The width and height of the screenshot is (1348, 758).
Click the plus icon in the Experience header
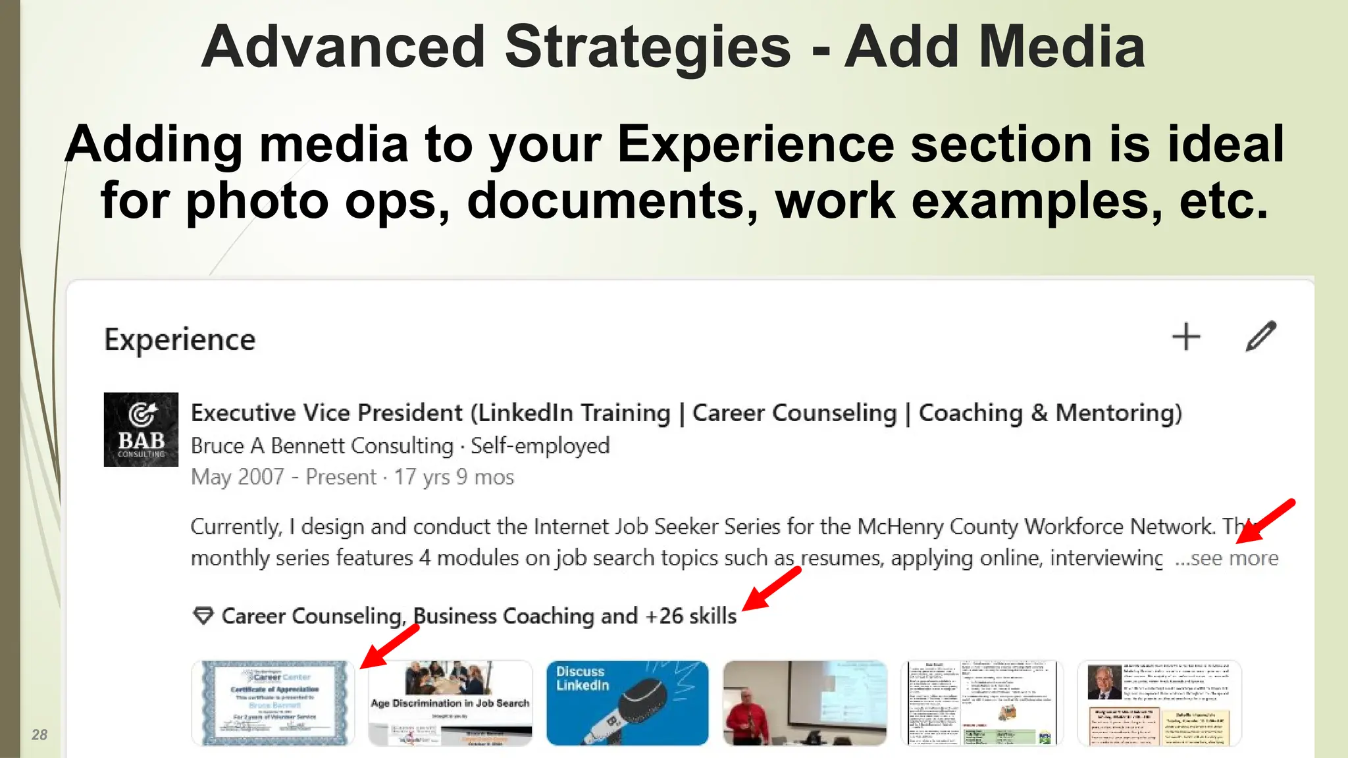click(1186, 337)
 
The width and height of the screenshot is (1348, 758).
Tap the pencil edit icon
click(1261, 336)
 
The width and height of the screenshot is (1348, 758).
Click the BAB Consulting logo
click(141, 430)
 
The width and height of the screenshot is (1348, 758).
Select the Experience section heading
click(180, 340)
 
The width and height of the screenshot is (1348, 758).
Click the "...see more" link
click(1227, 559)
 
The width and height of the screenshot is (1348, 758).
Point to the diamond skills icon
click(203, 616)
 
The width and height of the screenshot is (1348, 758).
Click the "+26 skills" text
click(691, 616)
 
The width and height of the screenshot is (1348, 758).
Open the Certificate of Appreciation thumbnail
click(273, 703)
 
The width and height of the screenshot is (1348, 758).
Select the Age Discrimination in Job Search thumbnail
click(450, 703)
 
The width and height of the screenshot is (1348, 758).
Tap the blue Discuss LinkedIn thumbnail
click(627, 703)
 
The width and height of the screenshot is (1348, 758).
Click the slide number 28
click(39, 735)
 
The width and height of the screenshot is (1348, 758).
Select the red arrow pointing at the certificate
click(391, 645)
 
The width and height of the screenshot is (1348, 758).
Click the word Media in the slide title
click(1062, 47)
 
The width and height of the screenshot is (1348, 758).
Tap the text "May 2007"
click(237, 477)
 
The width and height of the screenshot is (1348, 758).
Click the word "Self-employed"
click(540, 446)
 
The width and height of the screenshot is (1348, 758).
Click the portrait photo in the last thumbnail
click(1104, 682)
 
